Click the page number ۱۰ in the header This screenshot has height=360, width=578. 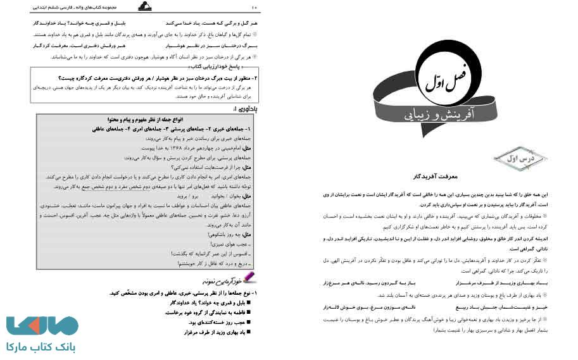point(254,7)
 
